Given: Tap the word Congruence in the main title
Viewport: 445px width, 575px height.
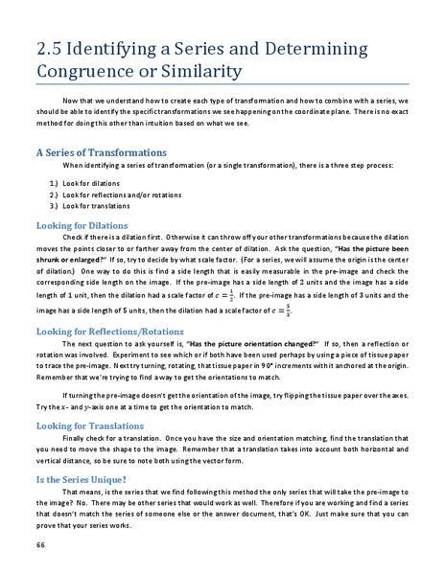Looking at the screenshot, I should [92, 71].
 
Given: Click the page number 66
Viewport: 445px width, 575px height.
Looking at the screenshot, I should [40, 543].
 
